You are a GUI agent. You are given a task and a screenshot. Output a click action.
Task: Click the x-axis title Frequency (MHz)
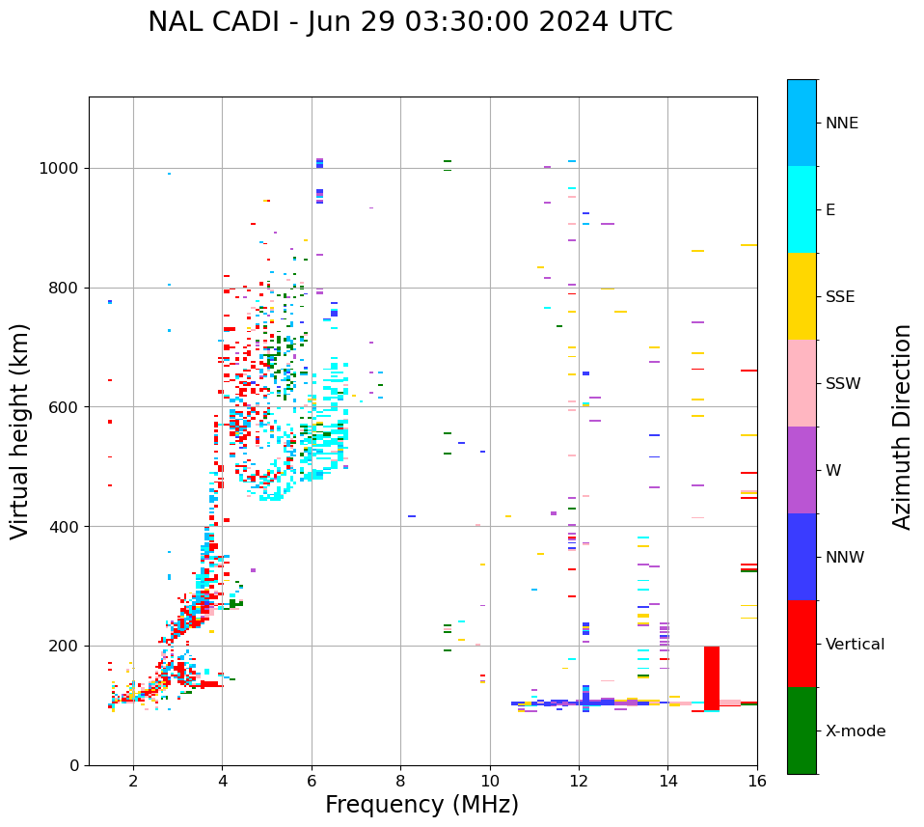[x=421, y=805]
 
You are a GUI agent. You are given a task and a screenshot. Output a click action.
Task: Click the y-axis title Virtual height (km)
[x=20, y=430]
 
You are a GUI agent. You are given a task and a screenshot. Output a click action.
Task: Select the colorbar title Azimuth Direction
[x=902, y=427]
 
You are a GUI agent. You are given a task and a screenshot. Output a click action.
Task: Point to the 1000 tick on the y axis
[x=59, y=168]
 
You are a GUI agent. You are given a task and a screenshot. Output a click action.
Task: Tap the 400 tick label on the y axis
[x=64, y=527]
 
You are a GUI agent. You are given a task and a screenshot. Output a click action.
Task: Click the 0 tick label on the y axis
[x=73, y=765]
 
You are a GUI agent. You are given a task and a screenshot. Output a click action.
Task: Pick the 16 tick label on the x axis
[x=757, y=781]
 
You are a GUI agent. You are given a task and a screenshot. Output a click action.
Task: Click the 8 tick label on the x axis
[x=400, y=781]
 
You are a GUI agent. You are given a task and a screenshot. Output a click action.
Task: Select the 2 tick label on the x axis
[x=133, y=781]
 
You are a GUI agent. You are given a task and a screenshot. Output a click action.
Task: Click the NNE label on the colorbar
[x=841, y=124]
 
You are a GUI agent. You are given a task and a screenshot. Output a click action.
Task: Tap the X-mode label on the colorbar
[x=856, y=731]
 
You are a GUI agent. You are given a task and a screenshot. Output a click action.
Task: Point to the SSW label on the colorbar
[x=843, y=384]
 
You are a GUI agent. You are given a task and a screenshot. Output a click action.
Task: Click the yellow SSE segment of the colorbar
[x=802, y=296]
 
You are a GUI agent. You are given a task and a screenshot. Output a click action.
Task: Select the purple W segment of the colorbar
[x=802, y=470]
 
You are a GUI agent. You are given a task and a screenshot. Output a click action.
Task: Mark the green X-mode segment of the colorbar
[x=802, y=731]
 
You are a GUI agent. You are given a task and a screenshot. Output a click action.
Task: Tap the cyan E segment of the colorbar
[x=802, y=209]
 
